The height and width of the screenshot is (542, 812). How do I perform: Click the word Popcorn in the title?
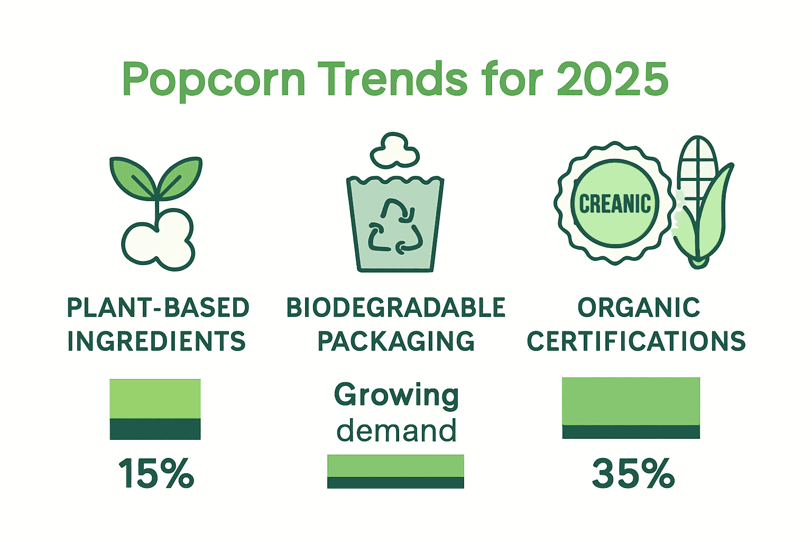tap(214, 79)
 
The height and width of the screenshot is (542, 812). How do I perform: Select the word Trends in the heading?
tap(396, 79)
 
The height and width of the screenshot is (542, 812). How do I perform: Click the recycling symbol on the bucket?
tap(395, 227)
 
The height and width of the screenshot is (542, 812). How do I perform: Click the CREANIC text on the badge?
tap(615, 204)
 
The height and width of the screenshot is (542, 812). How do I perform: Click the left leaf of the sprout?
tap(132, 178)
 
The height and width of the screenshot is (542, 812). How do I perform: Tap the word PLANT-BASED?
tap(158, 308)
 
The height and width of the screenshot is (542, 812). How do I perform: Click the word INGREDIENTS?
tap(157, 341)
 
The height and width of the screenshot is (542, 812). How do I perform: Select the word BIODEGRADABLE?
tap(396, 308)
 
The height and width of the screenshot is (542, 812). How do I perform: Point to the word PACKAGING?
tap(396, 341)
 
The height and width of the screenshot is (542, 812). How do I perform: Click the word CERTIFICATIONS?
tap(636, 341)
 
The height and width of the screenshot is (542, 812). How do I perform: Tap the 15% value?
tap(156, 473)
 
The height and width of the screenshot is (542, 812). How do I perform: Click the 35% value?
tap(633, 473)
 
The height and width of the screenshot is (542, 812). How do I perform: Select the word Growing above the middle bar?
tap(396, 395)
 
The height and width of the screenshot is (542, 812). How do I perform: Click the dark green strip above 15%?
tap(155, 429)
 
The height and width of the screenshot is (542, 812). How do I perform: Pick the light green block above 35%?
tap(631, 401)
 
